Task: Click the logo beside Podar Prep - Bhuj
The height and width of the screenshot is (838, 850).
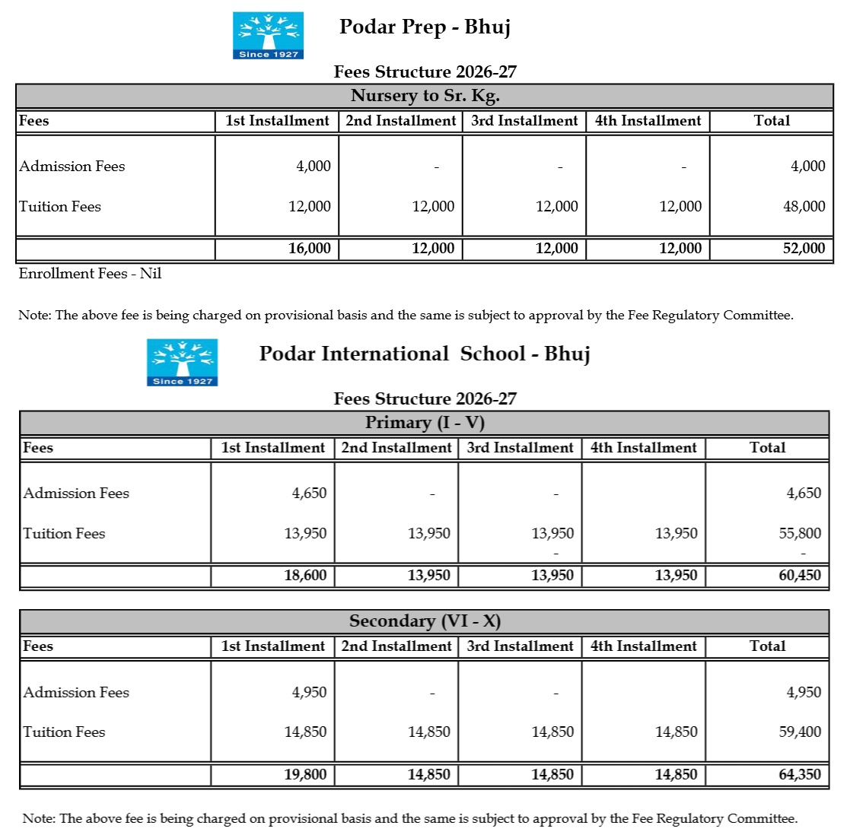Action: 268,36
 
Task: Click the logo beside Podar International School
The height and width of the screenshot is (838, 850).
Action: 182,363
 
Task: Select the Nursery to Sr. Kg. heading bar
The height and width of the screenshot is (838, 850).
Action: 425,96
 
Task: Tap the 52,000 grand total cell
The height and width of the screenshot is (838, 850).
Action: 804,249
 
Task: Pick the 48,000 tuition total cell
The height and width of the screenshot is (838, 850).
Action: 804,207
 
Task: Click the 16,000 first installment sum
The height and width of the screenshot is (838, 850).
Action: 309,249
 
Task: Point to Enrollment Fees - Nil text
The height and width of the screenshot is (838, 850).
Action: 90,274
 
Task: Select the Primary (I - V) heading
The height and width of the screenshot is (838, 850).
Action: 425,423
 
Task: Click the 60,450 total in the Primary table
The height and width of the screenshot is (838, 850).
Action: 799,576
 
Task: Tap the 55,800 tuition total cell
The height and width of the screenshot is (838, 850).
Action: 799,534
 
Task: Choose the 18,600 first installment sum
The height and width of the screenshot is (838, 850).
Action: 305,576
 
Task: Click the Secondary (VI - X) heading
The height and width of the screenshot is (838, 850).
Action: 425,621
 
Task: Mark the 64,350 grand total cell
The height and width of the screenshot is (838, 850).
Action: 799,775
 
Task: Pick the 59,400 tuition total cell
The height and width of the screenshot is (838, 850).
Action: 799,732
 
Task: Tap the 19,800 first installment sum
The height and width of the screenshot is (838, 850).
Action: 305,775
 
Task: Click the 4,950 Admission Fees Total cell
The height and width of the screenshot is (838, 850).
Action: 804,693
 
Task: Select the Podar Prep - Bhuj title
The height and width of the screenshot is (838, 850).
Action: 425,27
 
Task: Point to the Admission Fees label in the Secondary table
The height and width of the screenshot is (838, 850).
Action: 76,693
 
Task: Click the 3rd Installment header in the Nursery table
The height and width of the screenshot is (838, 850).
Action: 524,121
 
